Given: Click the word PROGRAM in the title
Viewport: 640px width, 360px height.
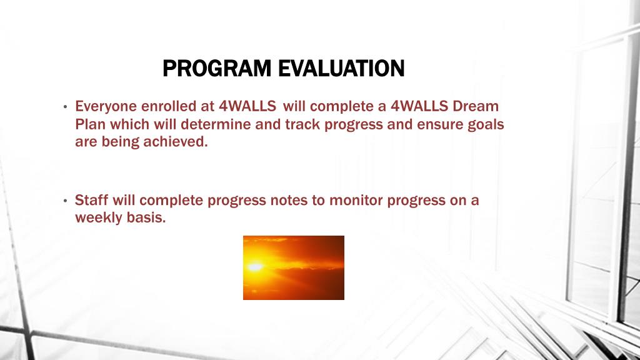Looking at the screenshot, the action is tap(217, 68).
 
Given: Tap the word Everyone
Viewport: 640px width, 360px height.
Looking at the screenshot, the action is tap(106, 107).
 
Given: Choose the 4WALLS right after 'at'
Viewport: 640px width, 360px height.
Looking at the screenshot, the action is tap(247, 106).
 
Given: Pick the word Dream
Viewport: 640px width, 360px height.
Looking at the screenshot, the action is tap(476, 106).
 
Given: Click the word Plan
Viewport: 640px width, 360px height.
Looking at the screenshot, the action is tap(90, 124).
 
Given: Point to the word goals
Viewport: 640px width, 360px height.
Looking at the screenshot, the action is tap(486, 125).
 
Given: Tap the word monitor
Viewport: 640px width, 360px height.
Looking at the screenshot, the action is tap(356, 201).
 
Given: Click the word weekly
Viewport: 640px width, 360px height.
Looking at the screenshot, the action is tap(98, 218).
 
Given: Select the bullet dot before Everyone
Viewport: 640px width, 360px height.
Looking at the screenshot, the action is tap(65, 107).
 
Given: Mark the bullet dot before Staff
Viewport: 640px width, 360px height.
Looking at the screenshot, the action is tap(65, 201).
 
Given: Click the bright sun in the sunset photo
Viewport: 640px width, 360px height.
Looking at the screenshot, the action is tap(255, 266).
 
